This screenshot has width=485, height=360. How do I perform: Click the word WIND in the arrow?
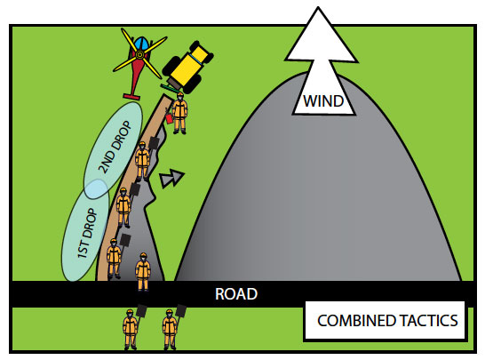(x=323, y=101)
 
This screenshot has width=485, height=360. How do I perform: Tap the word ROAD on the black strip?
(x=236, y=293)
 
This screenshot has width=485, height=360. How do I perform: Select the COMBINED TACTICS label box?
(x=386, y=320)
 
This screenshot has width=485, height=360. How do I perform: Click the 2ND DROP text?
(x=115, y=147)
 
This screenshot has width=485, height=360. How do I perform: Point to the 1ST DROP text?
(x=87, y=234)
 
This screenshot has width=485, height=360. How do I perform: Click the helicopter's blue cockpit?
(x=140, y=43)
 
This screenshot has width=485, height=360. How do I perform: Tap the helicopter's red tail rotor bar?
(x=131, y=96)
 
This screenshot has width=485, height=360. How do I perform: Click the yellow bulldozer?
(x=187, y=68)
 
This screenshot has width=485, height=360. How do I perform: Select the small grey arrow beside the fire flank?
(x=171, y=178)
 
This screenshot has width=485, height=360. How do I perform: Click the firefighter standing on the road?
(x=143, y=272)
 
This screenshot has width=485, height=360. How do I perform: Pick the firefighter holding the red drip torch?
(x=179, y=113)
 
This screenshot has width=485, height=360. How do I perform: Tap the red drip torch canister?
(x=169, y=118)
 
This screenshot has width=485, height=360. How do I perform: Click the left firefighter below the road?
(x=131, y=329)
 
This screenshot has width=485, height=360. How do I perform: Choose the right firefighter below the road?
(x=170, y=329)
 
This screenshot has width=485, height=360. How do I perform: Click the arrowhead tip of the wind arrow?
(x=318, y=7)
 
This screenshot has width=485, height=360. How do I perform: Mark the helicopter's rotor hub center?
(x=139, y=55)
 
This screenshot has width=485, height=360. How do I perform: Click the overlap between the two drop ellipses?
(x=97, y=188)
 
